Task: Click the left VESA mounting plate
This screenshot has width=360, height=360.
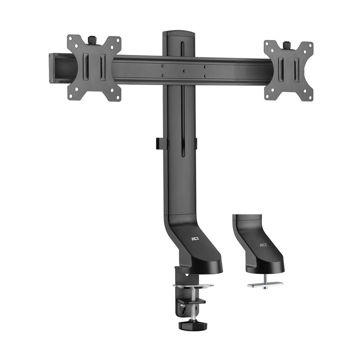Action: pos(94,68)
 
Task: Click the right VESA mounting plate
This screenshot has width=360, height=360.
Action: pos(288,70)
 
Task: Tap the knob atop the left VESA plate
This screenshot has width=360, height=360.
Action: pos(92,38)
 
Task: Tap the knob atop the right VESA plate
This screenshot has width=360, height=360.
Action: pos(286,44)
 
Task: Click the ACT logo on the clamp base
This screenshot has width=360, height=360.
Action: pos(194,239)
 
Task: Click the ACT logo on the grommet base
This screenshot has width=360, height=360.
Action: pos(263,245)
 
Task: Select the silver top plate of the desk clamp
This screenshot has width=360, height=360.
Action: pos(193,286)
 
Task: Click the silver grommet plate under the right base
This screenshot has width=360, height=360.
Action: pos(265,284)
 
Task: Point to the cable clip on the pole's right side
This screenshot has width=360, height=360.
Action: pos(195,143)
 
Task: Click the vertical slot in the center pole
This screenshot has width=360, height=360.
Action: pos(182,125)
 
